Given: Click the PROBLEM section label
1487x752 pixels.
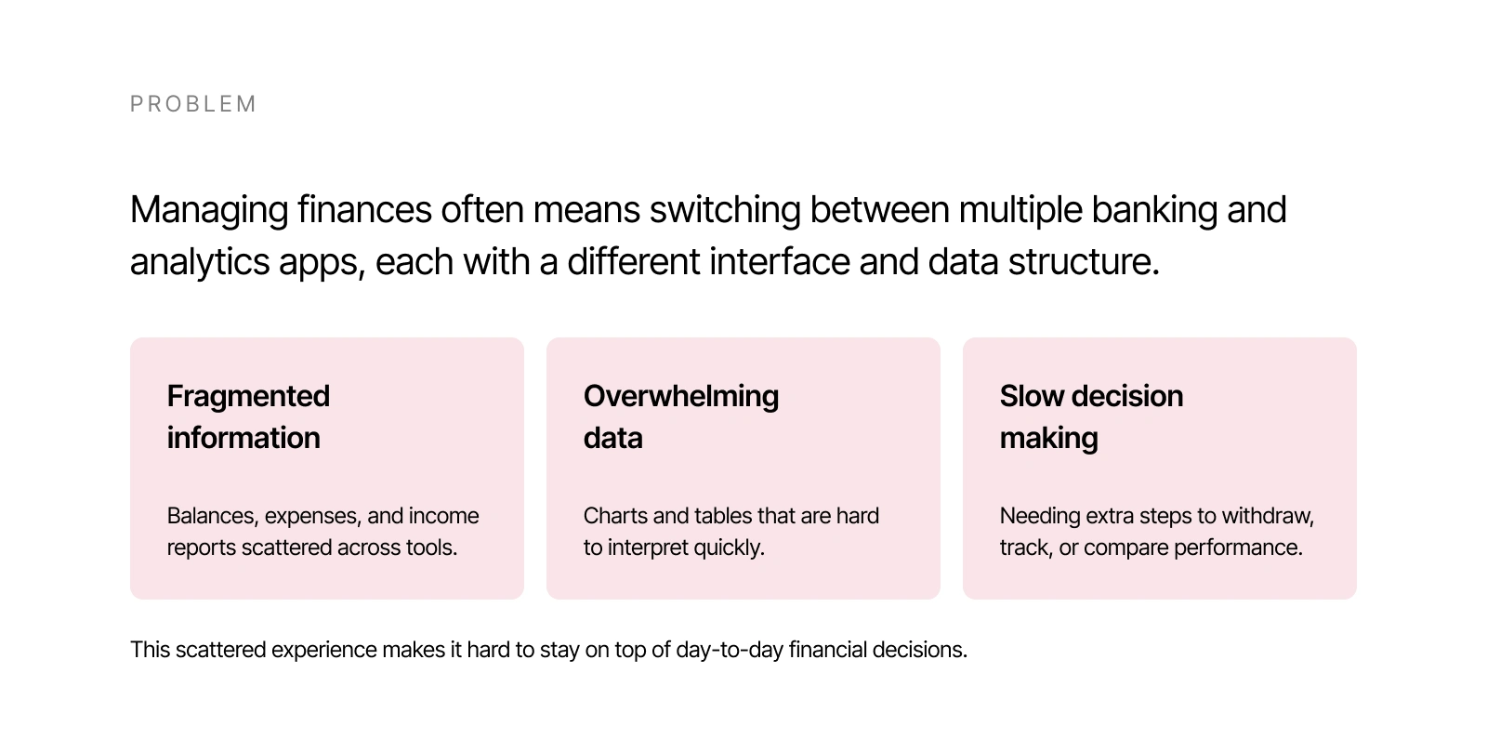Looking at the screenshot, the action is [x=192, y=104].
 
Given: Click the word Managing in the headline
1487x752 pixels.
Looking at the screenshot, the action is [x=209, y=211].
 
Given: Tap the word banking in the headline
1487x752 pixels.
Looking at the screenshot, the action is [x=1154, y=211].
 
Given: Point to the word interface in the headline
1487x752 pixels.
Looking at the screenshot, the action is [x=780, y=261].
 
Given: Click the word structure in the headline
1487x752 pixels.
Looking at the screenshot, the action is [x=1084, y=261].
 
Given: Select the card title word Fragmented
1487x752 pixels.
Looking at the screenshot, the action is [x=248, y=397].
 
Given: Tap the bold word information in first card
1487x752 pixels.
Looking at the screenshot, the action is [x=243, y=438].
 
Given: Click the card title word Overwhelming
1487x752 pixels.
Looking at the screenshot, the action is [x=681, y=397].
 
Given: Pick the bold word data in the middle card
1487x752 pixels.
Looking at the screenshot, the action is [x=612, y=438].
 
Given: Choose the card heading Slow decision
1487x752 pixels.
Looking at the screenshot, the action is [x=1091, y=396].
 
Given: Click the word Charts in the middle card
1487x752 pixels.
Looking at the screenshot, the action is [x=615, y=516].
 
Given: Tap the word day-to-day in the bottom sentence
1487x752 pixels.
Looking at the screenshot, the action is [x=730, y=651].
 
